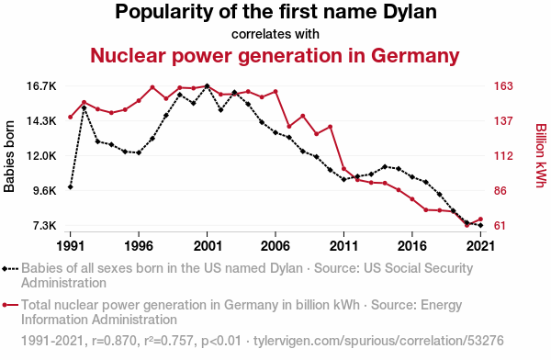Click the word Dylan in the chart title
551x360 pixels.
click(410, 12)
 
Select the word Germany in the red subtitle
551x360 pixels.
click(415, 55)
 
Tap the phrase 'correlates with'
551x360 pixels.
click(275, 34)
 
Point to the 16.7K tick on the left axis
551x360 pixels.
click(42, 86)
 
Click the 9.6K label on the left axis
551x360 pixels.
click(44, 190)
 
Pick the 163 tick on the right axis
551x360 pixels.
click(503, 86)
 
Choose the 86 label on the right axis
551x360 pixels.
click(500, 190)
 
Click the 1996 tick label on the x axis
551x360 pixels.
click(139, 246)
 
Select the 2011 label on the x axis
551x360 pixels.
click(343, 246)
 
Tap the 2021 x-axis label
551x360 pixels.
click(480, 246)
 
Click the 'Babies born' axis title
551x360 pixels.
click(9, 156)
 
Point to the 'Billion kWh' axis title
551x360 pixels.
click(541, 155)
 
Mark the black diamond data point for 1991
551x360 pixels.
click(71, 187)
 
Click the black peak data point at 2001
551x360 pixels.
click(207, 86)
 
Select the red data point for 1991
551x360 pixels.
click(71, 117)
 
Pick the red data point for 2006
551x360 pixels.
click(275, 92)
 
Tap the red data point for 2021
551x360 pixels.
click(480, 219)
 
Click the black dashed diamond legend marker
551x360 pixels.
click(10, 269)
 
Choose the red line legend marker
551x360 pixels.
click(10, 305)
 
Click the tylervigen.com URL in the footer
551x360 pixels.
click(378, 341)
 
